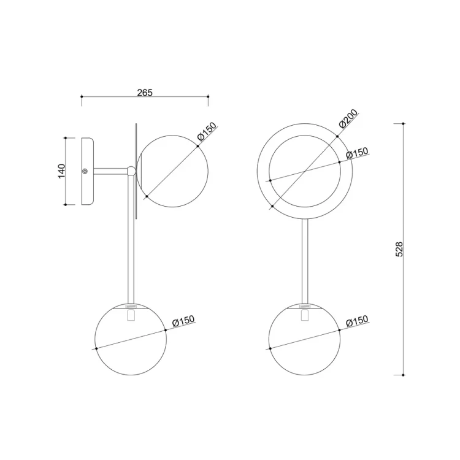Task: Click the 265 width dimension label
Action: [145, 93]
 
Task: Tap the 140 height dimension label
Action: [61, 171]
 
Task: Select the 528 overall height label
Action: [399, 250]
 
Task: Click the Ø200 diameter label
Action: [348, 118]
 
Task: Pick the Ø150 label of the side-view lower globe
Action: [183, 321]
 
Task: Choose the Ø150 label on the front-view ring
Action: [357, 153]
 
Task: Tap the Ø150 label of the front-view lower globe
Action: [357, 321]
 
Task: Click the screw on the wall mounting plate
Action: [85, 171]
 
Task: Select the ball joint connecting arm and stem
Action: [131, 171]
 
